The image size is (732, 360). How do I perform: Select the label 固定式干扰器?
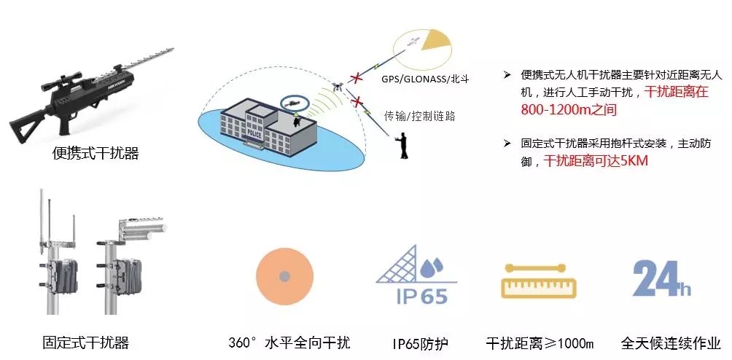86,342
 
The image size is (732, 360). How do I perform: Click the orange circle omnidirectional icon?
284,278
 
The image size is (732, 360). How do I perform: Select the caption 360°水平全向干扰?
289,343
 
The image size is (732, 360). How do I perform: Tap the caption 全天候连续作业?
671,343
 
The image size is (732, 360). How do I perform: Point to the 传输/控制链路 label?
419,115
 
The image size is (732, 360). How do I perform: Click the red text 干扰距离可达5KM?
596,161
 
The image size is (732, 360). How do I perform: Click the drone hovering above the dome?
337,85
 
